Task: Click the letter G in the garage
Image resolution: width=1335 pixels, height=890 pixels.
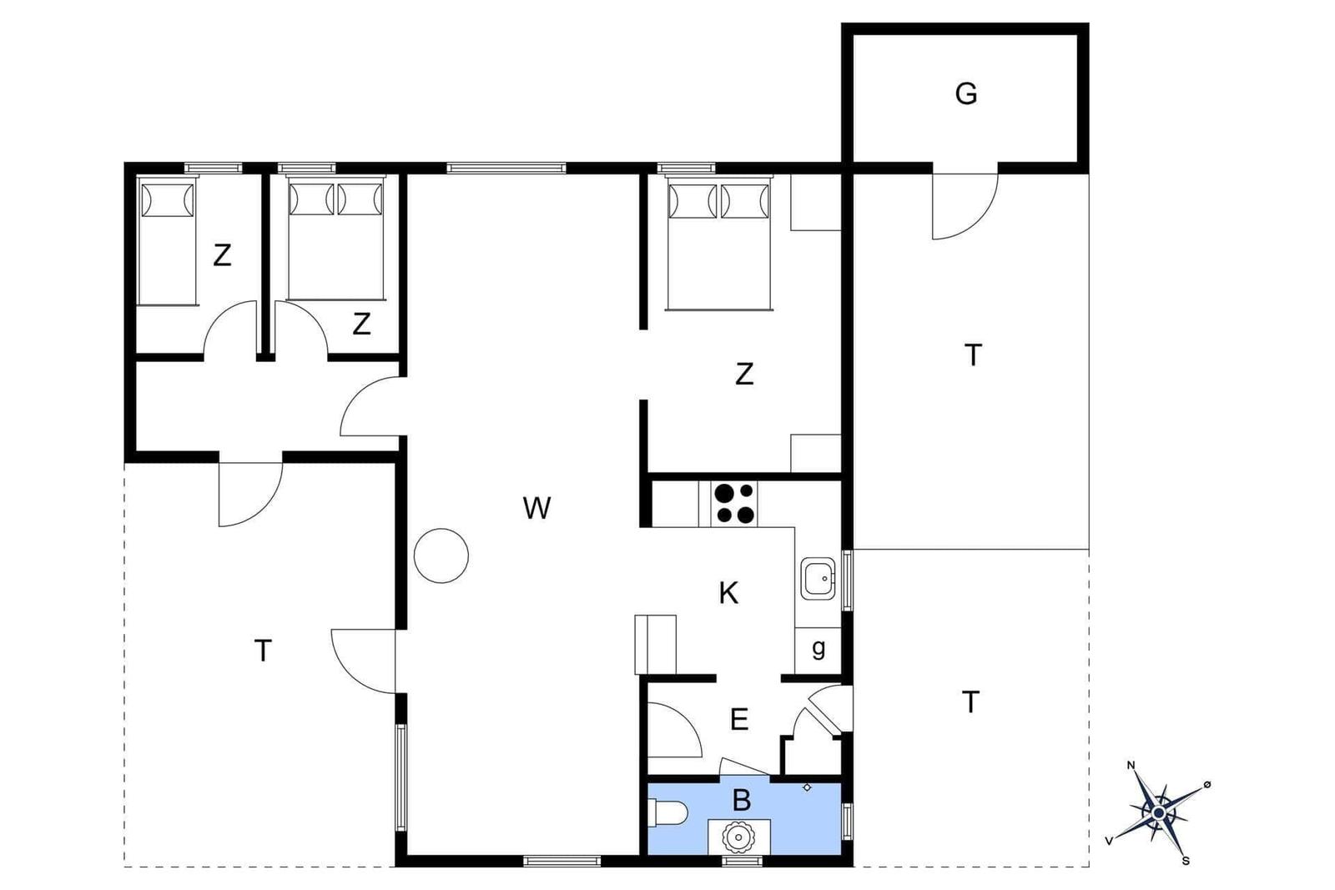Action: [966, 93]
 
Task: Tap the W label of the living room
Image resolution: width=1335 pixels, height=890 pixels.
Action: [537, 508]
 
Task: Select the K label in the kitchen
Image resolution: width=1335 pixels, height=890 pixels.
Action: [728, 593]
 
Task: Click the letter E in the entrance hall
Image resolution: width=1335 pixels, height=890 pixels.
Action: [739, 720]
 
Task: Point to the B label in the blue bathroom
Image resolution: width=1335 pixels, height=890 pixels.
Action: [742, 801]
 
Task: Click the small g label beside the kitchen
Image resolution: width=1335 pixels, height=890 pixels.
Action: [819, 648]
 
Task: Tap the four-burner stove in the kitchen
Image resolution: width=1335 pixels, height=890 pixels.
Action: [734, 503]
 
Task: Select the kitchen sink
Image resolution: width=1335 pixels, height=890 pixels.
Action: [818, 578]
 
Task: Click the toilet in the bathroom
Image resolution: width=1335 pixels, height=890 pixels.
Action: [667, 812]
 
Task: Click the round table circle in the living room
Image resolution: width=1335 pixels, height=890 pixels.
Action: [441, 556]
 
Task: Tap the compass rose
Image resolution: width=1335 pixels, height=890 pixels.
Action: [1159, 813]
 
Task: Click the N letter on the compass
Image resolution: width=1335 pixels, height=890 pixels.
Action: [1131, 766]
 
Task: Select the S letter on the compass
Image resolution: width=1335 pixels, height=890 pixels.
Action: [1186, 860]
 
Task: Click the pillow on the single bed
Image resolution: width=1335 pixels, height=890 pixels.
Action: [167, 200]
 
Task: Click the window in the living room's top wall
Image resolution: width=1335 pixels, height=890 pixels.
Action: [506, 168]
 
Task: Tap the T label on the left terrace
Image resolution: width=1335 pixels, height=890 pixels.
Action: [263, 650]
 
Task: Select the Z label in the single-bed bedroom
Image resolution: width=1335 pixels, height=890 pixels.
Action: [222, 255]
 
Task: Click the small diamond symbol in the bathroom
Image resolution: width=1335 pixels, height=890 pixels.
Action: [807, 787]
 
